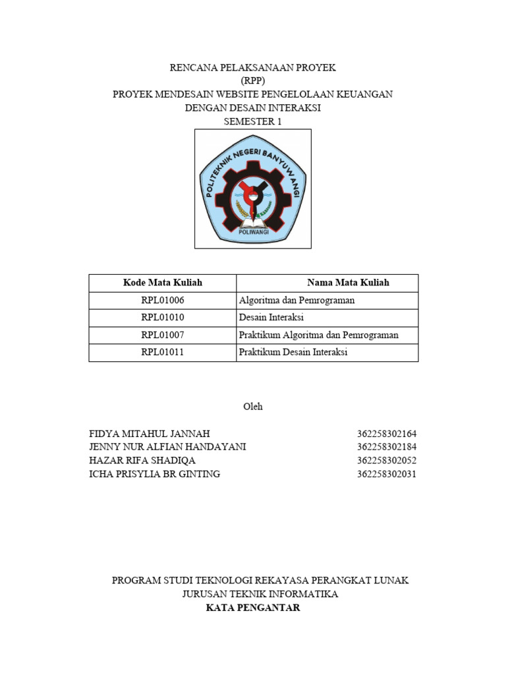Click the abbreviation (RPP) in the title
[253, 81]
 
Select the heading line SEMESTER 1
[253, 121]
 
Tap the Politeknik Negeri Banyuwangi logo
[253, 189]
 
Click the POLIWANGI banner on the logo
[253, 232]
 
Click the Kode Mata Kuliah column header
[163, 283]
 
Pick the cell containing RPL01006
[163, 301]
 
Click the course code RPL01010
[163, 318]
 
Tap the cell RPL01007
[163, 336]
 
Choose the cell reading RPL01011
[163, 353]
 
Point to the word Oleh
[253, 407]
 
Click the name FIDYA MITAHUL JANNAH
[150, 434]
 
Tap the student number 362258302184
[387, 447]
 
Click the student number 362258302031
[387, 474]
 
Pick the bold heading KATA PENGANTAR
[253, 608]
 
